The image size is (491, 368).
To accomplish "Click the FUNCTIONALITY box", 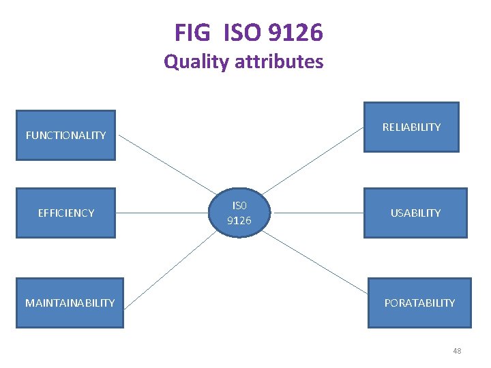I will (65, 135).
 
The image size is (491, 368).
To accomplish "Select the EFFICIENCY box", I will (65, 213).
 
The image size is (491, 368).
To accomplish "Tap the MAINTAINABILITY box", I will (70, 303).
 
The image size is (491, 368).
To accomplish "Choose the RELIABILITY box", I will (411, 127).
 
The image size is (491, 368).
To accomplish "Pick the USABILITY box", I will (415, 213).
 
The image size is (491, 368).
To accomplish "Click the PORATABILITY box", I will (419, 303).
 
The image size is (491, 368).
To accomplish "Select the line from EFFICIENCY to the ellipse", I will (164, 213).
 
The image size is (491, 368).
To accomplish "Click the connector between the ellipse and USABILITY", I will (318, 213).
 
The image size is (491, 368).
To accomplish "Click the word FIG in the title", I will (194, 32).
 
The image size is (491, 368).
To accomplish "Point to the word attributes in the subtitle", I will (279, 62).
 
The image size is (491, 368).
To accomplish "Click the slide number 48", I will (457, 351).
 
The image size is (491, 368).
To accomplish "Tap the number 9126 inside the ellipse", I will (239, 221).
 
